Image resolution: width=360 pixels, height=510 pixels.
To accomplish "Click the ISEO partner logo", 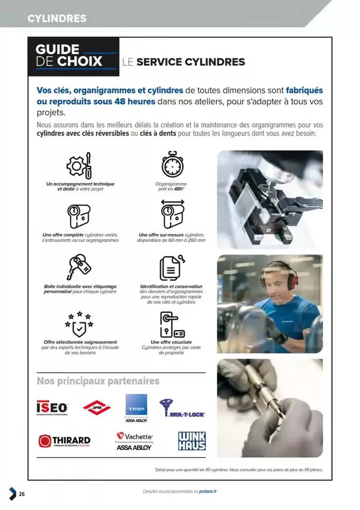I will tap(52, 408).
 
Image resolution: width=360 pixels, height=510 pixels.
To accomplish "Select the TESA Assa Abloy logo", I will tap(137, 408).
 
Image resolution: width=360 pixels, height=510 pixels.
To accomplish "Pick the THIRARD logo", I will tap(64, 441).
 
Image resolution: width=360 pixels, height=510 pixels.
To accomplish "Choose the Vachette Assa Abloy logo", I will tap(134, 441).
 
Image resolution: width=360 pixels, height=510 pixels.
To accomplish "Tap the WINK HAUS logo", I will tap(191, 441).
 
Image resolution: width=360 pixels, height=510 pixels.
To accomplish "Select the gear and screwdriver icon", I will tap(80, 165).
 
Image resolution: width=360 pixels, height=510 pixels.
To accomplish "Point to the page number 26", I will tap(22, 494).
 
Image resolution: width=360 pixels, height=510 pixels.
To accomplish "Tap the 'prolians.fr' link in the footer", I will tap(208, 491).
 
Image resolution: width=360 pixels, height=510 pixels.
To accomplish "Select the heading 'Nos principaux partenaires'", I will tap(98, 381).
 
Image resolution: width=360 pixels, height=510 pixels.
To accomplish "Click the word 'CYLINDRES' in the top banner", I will tap(57, 19).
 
